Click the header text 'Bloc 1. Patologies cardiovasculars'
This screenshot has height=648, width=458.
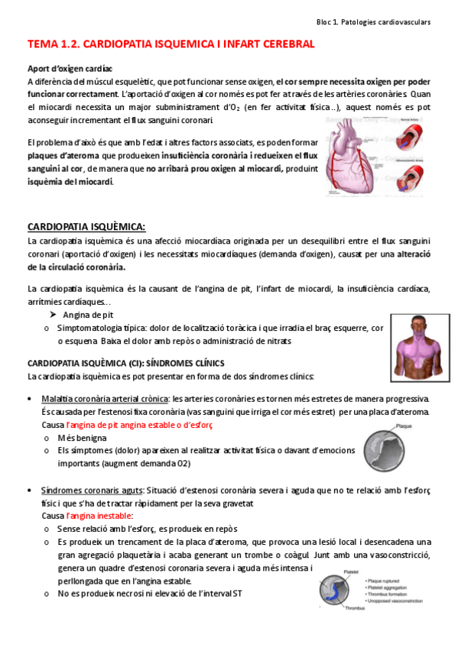(x=374, y=23)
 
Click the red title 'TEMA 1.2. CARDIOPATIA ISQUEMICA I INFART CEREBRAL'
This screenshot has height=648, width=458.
(x=171, y=45)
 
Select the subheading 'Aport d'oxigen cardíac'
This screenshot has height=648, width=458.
(x=70, y=68)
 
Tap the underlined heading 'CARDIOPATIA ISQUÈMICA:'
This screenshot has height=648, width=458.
(x=86, y=227)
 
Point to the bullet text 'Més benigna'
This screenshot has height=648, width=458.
(x=82, y=438)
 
